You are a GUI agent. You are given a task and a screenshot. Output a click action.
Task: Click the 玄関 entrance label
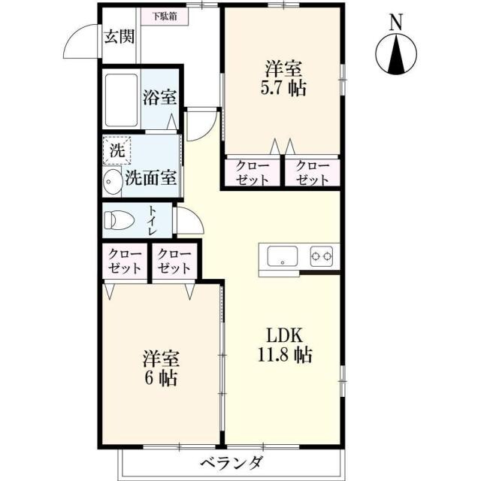[x=119, y=36]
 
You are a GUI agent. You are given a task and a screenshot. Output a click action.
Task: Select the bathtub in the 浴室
[x=120, y=98]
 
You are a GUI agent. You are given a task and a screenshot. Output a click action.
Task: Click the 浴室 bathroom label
[x=159, y=96]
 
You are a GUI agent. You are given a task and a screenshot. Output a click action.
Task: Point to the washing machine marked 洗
[x=116, y=149]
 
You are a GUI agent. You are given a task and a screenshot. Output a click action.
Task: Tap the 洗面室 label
[x=151, y=179]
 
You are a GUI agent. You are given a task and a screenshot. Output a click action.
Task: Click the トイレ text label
[x=153, y=220]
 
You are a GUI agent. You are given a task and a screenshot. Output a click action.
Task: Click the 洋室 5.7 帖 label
[x=283, y=77]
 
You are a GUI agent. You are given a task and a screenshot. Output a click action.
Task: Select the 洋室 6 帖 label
[x=161, y=368]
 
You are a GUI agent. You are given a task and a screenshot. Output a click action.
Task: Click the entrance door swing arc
[x=81, y=44]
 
